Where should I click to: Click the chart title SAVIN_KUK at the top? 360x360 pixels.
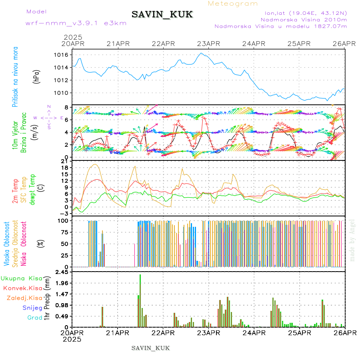(162, 15)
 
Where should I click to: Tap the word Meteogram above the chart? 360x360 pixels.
(233, 4)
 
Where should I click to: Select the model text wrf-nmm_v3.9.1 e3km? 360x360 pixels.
(76, 23)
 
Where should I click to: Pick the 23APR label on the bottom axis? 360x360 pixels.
(208, 332)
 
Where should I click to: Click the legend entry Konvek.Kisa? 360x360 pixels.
(22, 288)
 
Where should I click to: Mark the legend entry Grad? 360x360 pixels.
(34, 318)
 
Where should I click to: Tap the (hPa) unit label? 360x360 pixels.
(36, 76)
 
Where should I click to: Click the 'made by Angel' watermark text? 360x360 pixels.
(352, 240)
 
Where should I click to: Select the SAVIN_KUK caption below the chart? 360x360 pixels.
(151, 348)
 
